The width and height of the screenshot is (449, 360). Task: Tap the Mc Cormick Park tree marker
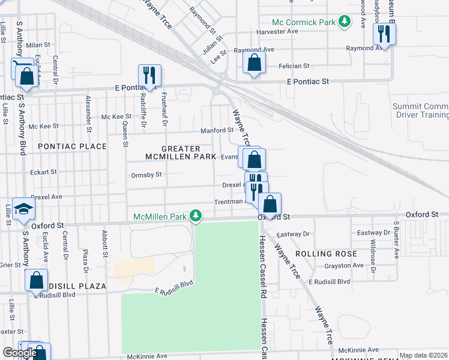[344, 22]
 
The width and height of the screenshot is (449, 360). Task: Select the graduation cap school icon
[23, 209]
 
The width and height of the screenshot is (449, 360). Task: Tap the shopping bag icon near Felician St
[255, 62]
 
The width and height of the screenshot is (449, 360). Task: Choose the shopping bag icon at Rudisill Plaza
[37, 280]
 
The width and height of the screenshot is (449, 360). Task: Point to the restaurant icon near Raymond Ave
[384, 34]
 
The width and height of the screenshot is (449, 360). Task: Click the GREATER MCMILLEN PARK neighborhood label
[181, 152]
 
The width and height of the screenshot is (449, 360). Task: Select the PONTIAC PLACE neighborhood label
[72, 146]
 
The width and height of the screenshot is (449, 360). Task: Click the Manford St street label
[217, 130]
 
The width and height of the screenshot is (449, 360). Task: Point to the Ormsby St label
[146, 175]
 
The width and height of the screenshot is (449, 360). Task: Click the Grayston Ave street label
[344, 265]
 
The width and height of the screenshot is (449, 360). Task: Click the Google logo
[20, 353]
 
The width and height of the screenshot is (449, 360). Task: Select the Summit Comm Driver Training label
[420, 110]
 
